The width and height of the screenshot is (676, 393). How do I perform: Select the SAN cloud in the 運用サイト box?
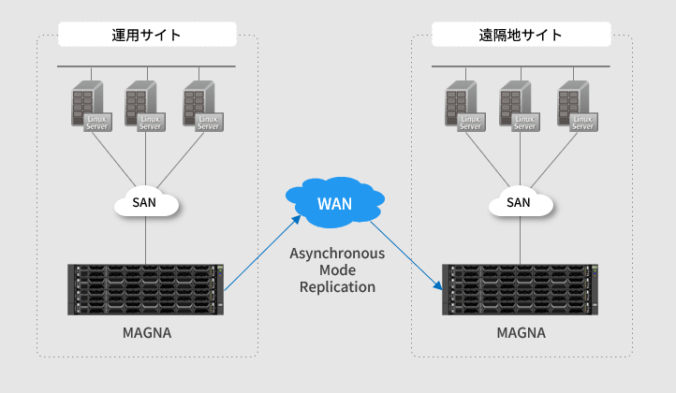(145, 202)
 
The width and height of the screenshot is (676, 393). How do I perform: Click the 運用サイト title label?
(147, 36)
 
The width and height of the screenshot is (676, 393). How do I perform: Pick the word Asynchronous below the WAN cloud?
(337, 254)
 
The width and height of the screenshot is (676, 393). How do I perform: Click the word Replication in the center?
(337, 287)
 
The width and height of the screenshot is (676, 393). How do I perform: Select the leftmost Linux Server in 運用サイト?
(88, 107)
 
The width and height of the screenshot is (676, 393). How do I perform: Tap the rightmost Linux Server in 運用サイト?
(200, 107)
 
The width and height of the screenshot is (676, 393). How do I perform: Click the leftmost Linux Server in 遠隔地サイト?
(463, 107)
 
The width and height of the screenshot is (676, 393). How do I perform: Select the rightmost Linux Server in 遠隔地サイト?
(575, 107)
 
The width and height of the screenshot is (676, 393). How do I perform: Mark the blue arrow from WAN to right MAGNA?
(407, 255)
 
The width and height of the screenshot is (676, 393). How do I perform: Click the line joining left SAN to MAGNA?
(146, 241)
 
